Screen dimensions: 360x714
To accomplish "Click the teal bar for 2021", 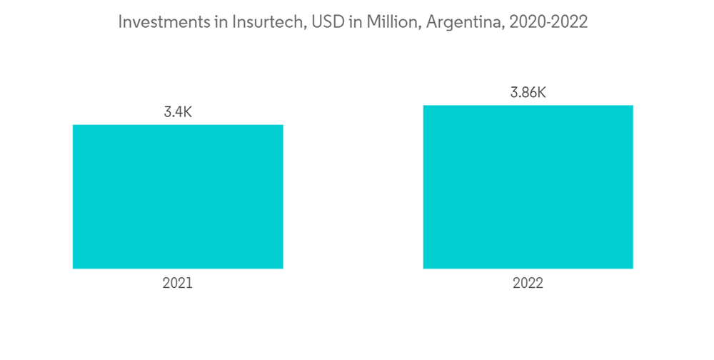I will pos(178,196).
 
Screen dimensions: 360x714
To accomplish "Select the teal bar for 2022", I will pos(528,187).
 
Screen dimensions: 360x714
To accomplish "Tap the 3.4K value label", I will pos(178,112).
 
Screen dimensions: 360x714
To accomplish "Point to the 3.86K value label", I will pos(528,93).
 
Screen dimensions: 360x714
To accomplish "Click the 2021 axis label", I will pos(178,284).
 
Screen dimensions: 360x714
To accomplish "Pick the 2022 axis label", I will pos(528,284).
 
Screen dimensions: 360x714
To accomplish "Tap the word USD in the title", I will pos(329,22).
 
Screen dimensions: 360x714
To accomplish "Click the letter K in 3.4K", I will pos(188,112).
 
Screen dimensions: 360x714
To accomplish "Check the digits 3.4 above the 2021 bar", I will pos(172,112).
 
